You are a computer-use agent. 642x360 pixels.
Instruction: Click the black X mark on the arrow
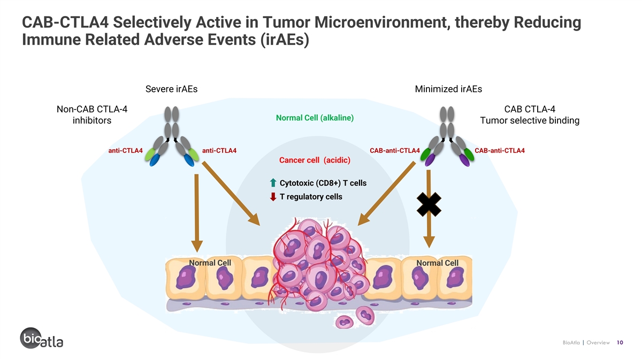pos(429,204)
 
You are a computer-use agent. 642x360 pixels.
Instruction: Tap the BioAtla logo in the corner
pos(42,338)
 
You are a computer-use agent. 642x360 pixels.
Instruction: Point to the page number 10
pos(620,342)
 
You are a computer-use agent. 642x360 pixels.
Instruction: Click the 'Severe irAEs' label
pos(171,89)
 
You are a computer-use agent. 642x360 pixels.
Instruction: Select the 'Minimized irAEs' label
pos(448,89)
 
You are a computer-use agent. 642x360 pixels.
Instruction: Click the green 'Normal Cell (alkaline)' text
pos(315,118)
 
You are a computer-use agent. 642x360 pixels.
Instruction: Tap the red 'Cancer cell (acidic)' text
pos(315,160)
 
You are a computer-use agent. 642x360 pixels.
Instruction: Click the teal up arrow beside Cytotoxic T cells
pos(273,182)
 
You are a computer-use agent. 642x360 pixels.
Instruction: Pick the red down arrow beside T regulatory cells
pos(273,197)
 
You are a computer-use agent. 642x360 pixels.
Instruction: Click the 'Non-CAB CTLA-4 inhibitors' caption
pos(91,114)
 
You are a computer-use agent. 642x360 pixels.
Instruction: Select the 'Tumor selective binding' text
pos(530,120)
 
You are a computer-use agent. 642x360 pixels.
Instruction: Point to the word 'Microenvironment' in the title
pos(382,22)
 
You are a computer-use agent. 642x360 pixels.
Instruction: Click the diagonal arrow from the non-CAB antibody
pos(231,194)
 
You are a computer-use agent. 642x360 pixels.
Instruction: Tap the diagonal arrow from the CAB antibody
pos(387,194)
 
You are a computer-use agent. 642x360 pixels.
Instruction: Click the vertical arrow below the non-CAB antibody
pos(197,213)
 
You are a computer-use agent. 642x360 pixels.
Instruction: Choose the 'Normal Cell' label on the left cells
pos(210,263)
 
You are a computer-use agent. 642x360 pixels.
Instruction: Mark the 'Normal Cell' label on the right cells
pos(438,263)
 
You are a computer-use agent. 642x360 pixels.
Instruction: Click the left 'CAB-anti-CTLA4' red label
pos(395,150)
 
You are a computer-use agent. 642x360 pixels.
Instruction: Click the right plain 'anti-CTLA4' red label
pos(219,150)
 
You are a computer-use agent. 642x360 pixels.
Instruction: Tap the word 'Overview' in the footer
pos(598,342)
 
